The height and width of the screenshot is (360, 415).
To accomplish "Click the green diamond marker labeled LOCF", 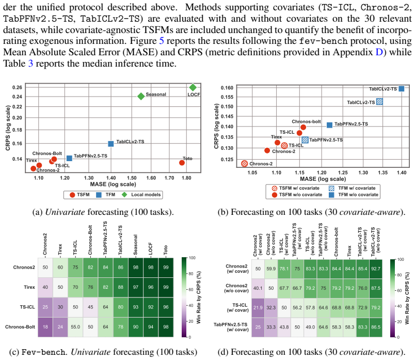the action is click(x=193, y=87).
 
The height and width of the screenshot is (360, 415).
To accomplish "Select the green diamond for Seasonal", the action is click(x=141, y=97).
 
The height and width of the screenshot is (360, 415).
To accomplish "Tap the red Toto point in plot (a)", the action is click(x=182, y=163).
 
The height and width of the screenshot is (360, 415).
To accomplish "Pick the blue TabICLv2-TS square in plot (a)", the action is click(x=111, y=144).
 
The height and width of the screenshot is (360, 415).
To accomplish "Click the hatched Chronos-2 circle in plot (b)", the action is click(x=244, y=163).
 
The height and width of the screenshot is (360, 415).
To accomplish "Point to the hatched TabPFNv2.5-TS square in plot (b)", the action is click(x=305, y=139).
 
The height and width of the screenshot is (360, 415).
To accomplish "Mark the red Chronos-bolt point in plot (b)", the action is click(x=304, y=127).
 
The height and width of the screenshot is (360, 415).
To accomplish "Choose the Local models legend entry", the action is click(x=141, y=195).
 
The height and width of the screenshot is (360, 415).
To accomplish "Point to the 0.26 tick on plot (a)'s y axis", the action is click(x=17, y=87).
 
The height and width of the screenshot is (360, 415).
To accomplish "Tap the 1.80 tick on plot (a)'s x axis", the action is click(x=186, y=178).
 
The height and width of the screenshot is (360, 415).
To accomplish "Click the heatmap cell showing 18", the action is click(x=45, y=327).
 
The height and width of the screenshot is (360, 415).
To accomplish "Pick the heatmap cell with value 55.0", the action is click(x=75, y=327).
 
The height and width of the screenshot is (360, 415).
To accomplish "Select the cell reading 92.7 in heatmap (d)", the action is click(x=376, y=269).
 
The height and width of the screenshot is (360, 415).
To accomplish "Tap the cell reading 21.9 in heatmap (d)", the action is click(x=258, y=307).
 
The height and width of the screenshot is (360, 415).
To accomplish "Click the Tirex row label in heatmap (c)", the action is click(x=29, y=287).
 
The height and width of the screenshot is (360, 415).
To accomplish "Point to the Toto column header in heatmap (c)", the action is click(x=166, y=250).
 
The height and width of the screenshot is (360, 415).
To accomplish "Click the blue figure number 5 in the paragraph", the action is click(x=162, y=41).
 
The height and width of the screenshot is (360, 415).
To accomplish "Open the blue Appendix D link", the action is click(x=379, y=52).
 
